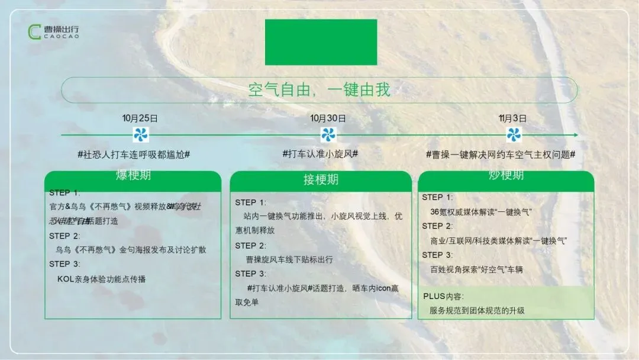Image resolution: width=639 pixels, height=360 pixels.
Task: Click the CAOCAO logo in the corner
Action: coord(53,32)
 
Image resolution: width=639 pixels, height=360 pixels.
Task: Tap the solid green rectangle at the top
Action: coord(321,42)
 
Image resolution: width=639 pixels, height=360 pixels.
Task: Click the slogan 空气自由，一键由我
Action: coord(319,90)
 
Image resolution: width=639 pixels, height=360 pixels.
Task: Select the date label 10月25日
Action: coord(140,118)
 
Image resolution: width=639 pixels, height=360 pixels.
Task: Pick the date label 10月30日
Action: coord(328,118)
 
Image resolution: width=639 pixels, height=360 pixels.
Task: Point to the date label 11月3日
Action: coord(513,118)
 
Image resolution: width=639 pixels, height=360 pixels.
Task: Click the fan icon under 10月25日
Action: coord(141,134)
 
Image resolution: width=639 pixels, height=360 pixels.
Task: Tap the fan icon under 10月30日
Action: coord(328,134)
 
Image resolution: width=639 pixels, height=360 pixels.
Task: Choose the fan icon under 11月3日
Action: coord(513,134)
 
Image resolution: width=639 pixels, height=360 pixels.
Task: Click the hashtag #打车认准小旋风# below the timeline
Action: coord(320,153)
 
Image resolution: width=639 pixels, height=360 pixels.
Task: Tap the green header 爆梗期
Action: coord(133,176)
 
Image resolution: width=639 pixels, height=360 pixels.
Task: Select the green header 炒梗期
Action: coord(506,175)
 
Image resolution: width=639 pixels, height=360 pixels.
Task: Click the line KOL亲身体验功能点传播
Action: coord(101,279)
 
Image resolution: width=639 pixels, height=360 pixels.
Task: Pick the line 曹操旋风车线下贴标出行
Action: coord(289,259)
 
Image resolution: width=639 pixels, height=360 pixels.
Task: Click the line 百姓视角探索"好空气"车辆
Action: coord(476,269)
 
